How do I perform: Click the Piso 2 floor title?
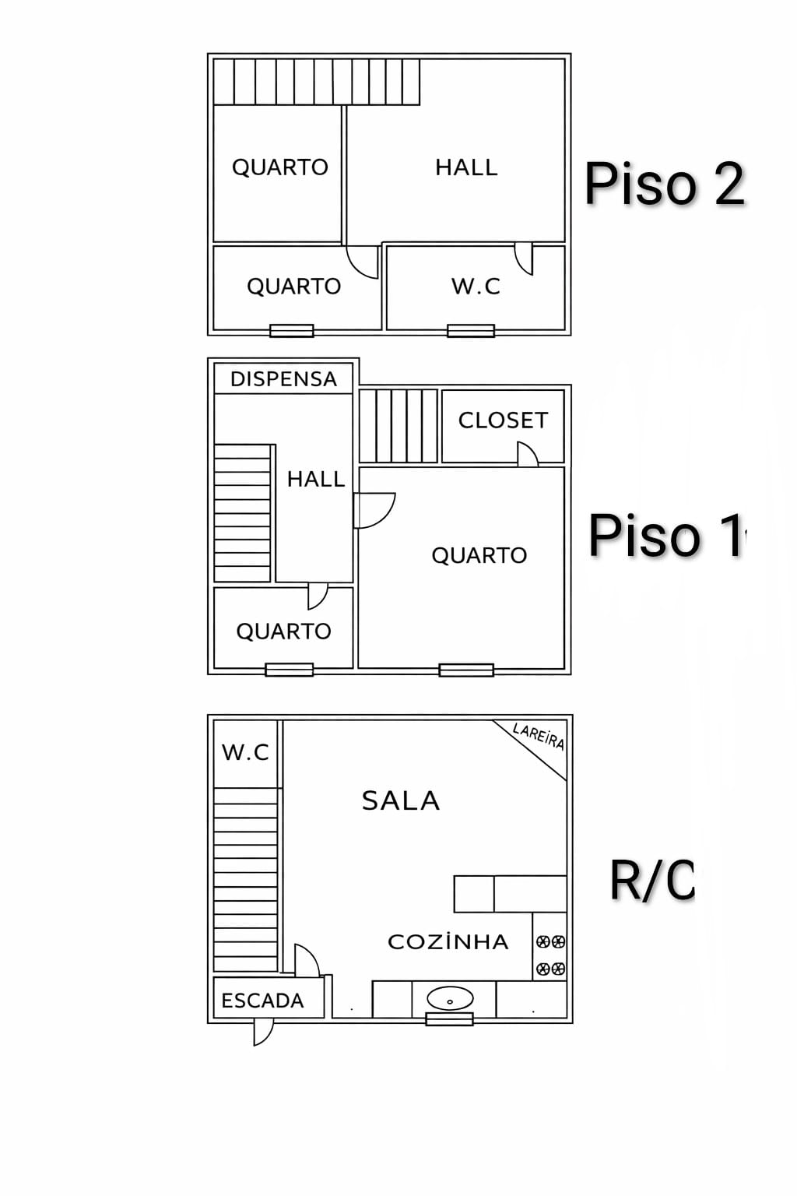click(x=665, y=185)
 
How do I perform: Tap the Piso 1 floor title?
click(x=666, y=536)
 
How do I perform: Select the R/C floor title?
click(x=651, y=880)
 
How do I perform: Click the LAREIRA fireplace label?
click(x=539, y=736)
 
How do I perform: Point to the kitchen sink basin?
click(x=450, y=998)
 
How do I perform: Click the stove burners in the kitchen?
click(x=550, y=955)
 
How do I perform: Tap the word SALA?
click(x=401, y=800)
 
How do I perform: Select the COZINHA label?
click(x=448, y=942)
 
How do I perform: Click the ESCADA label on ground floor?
click(x=262, y=1001)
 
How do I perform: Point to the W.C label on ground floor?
click(x=245, y=752)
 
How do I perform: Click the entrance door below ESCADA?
click(x=263, y=1032)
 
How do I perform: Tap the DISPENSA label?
click(x=283, y=379)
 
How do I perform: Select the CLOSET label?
click(x=503, y=420)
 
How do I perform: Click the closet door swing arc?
click(x=528, y=454)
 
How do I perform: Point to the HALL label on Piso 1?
click(x=315, y=479)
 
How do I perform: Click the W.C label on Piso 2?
click(x=476, y=287)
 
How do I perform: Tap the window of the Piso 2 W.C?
click(x=470, y=331)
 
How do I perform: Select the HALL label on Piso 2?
click(x=465, y=167)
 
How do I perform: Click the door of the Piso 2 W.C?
click(x=524, y=258)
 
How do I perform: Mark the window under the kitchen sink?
click(x=449, y=1018)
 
